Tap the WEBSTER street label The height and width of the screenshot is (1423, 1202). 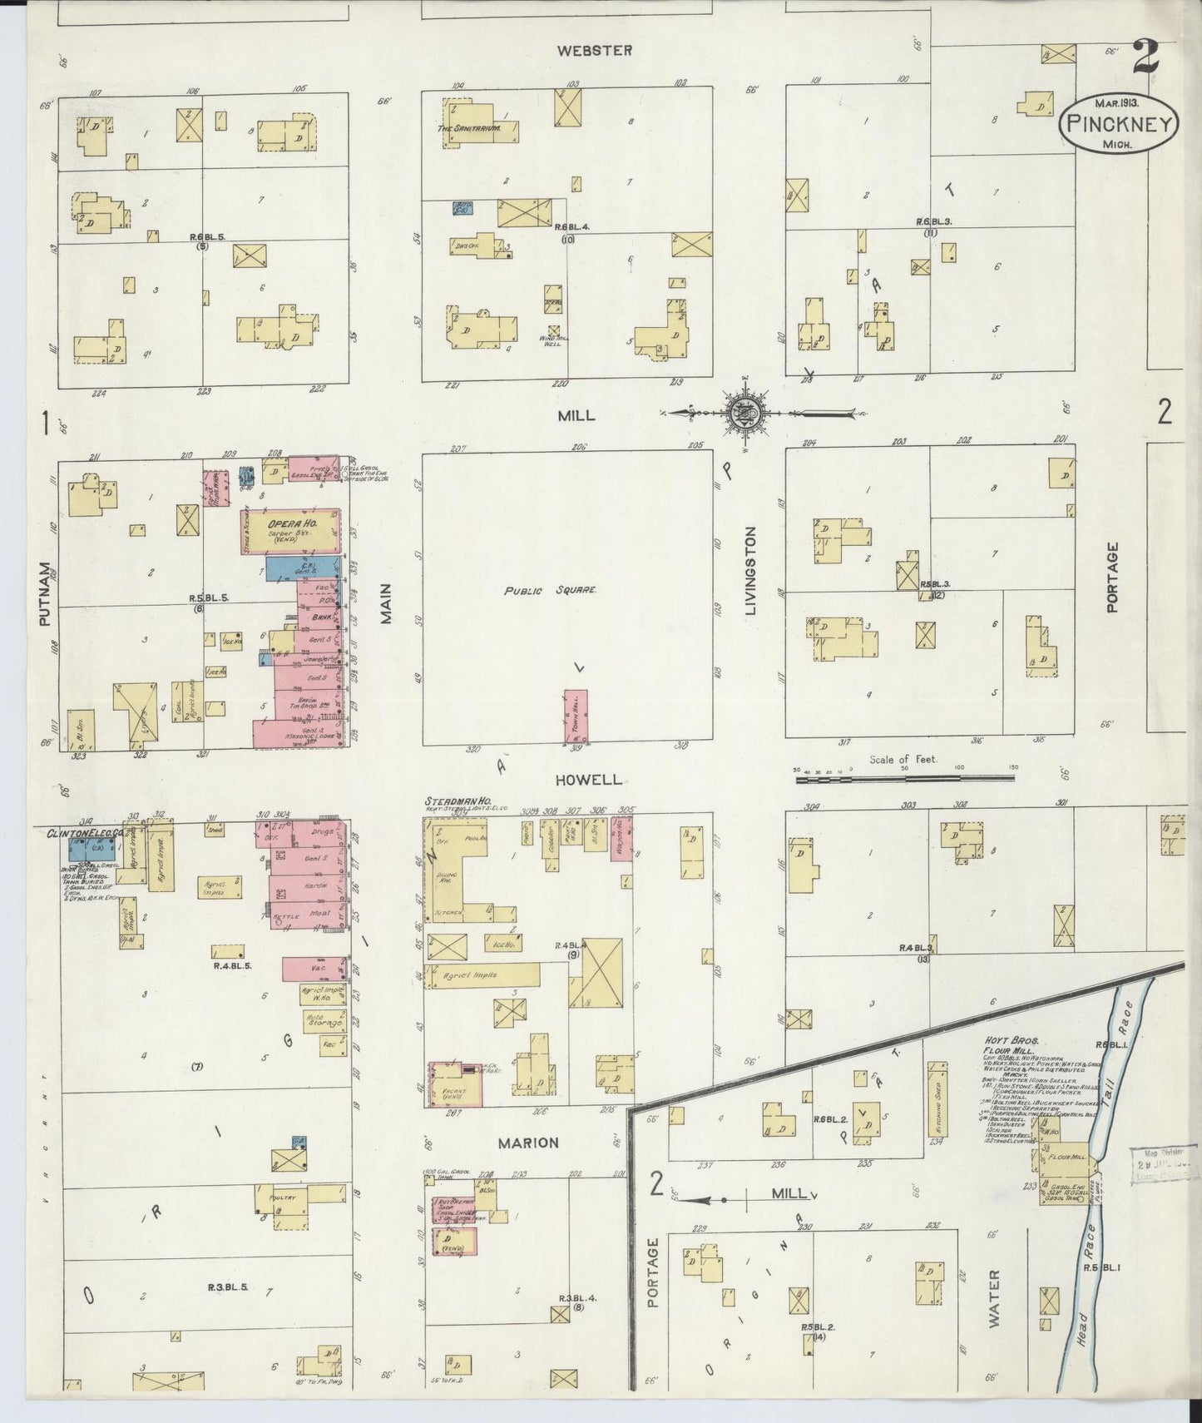coord(594,51)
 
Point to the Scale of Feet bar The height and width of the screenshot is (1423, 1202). coord(904,779)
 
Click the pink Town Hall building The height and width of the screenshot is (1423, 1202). coord(576,716)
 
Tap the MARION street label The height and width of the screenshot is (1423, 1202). coord(527,1143)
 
